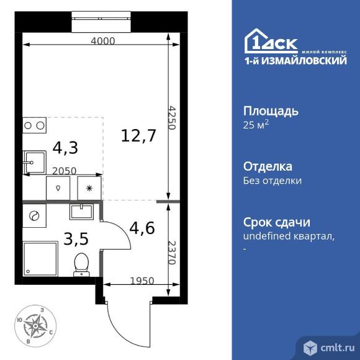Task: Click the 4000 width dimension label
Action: (102, 41)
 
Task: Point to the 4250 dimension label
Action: (172, 117)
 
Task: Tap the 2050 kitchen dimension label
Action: (65, 171)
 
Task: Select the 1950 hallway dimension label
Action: (142, 281)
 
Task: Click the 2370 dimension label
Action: (172, 253)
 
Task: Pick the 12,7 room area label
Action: (138, 135)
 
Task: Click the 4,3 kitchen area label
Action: (65, 147)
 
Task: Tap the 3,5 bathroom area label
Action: (76, 239)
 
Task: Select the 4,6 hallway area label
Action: (142, 228)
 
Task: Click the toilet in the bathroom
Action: (81, 264)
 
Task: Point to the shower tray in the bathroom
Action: (40, 259)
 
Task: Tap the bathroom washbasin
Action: (82, 212)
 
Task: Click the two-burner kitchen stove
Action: (34, 125)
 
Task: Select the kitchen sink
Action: (35, 162)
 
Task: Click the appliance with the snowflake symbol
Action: (89, 188)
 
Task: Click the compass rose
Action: (35, 326)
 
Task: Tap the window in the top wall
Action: (101, 22)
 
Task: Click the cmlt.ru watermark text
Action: (338, 348)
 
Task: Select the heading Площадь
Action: (271, 111)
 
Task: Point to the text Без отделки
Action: (272, 181)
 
